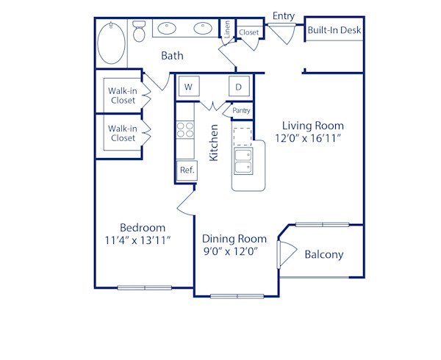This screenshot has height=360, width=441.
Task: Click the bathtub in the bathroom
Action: click(x=112, y=43)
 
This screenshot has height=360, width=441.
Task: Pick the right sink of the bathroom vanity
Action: click(x=203, y=30)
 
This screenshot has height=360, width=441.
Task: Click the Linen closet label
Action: click(x=228, y=30)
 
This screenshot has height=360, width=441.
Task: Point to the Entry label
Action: click(x=284, y=15)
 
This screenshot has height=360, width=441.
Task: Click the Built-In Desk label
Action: click(x=334, y=31)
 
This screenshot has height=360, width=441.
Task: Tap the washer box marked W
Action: click(x=188, y=87)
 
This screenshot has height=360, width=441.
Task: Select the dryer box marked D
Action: click(x=239, y=87)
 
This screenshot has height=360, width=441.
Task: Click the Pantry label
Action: click(x=241, y=111)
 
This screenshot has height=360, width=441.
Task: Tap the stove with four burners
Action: click(x=185, y=131)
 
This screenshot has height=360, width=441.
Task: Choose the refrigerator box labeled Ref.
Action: click(x=186, y=170)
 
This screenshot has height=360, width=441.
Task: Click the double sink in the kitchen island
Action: click(x=243, y=161)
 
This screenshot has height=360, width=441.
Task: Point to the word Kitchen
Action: click(x=214, y=143)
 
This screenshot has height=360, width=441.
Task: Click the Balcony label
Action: click(x=323, y=254)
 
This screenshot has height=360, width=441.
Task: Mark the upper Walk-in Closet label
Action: click(x=122, y=96)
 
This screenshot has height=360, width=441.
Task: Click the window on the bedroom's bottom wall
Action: click(x=144, y=287)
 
